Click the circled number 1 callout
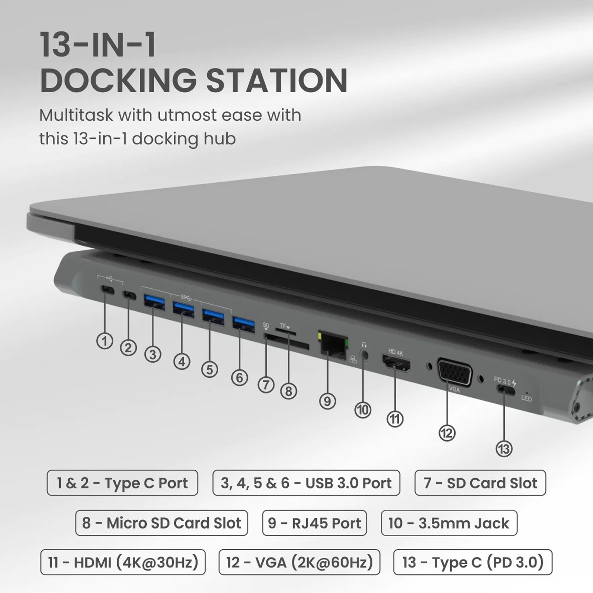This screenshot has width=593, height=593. [x=105, y=341]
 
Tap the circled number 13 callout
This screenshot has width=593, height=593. [x=504, y=449]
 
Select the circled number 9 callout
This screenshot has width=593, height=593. [x=327, y=401]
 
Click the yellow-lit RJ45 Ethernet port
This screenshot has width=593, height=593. [x=332, y=343]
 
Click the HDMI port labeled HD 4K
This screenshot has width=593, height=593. [x=396, y=364]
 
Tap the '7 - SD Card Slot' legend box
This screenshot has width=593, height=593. [x=480, y=483]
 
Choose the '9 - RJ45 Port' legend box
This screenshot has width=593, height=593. [x=314, y=523]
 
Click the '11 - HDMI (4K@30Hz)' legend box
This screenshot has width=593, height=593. [x=123, y=562]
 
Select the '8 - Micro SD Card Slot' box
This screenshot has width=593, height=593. [x=161, y=523]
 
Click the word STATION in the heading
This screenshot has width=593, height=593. [x=276, y=80]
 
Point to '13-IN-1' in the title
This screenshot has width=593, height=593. [x=98, y=45]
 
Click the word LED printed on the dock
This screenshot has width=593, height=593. [x=526, y=399]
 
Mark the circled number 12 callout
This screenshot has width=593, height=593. [x=447, y=433]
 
